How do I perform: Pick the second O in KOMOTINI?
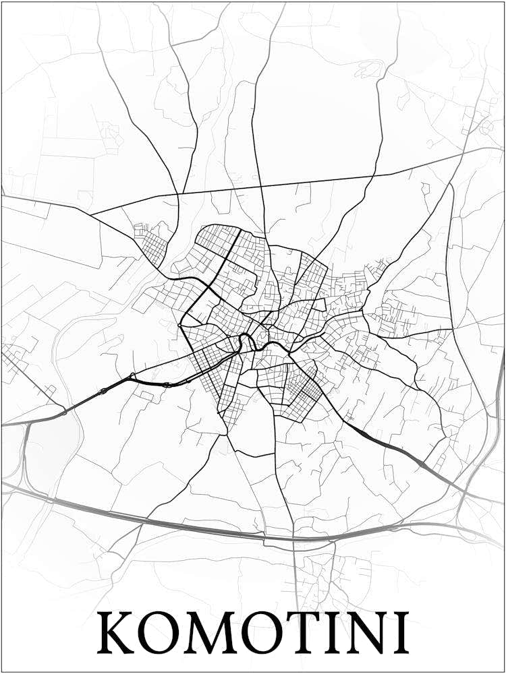coord(256,633)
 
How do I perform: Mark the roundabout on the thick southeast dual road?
coord(422,465)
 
